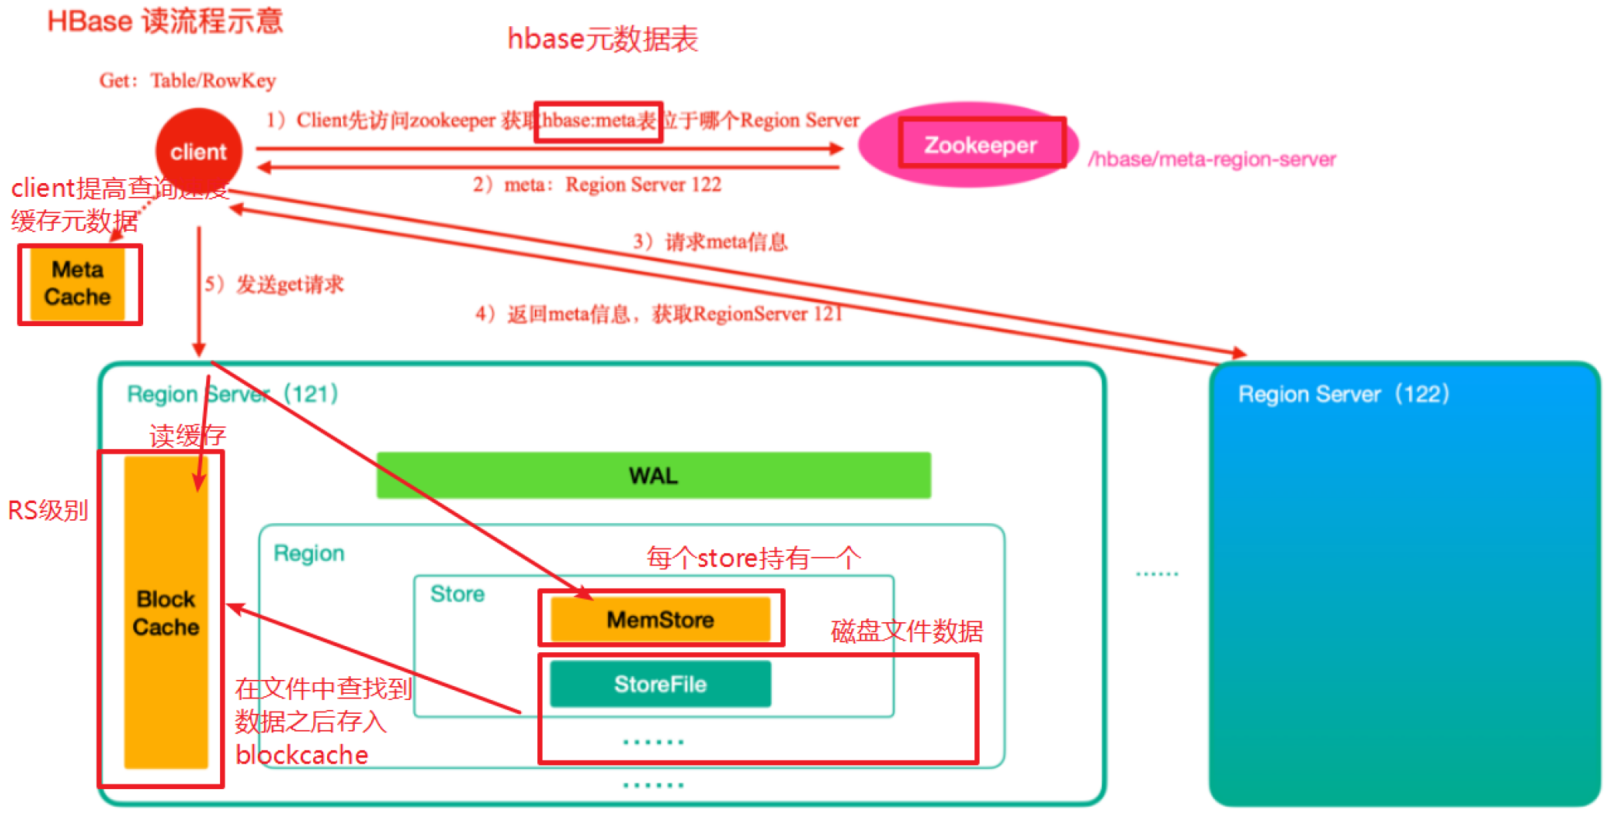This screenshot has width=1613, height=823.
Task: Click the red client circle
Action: [199, 151]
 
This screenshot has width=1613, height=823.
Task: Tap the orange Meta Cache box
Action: [77, 284]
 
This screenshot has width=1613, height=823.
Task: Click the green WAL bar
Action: [653, 475]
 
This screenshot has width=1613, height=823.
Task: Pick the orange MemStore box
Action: [660, 619]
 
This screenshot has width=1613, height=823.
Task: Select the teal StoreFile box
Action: [660, 684]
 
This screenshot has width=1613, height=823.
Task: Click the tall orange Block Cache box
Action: [165, 613]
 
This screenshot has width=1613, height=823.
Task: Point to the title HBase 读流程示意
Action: [165, 21]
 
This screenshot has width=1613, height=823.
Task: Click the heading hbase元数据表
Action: [603, 38]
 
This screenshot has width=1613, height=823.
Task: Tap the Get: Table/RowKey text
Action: [187, 80]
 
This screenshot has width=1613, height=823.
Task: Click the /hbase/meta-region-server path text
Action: [1212, 159]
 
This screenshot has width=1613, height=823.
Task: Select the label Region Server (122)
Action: [1344, 394]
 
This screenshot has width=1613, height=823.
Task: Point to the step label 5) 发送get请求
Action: [274, 285]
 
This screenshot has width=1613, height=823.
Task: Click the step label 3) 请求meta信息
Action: [710, 242]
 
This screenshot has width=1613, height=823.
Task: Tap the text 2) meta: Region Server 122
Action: [597, 185]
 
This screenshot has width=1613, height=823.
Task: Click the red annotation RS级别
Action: [48, 510]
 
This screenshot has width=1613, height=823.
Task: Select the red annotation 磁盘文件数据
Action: [907, 631]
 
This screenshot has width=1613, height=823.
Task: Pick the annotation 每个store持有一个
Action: [753, 558]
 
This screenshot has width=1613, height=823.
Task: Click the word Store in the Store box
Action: [457, 594]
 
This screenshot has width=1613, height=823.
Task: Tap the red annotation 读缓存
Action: [187, 436]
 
